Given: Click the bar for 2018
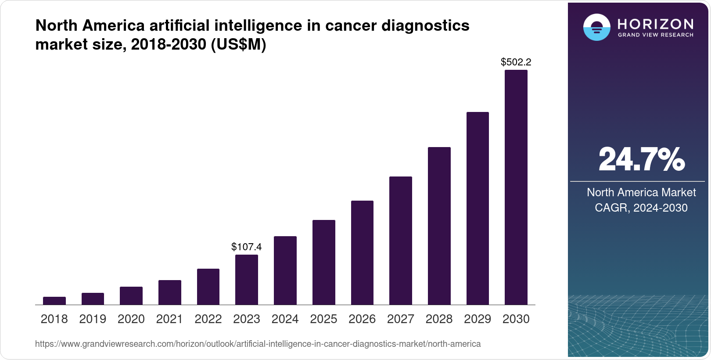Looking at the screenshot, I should coord(54,301).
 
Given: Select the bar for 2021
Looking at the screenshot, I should coord(170,292).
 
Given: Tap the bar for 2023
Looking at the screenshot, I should coord(247,280).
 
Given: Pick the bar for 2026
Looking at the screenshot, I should coord(362,252).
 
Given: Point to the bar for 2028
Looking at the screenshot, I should coord(439,226).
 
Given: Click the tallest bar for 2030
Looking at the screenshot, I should coord(516,187).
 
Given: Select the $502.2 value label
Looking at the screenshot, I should coord(516,62).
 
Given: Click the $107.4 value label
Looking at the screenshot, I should coord(247,247).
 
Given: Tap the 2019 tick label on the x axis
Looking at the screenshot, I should coord(93,319).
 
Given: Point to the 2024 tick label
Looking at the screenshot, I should coord(285,319).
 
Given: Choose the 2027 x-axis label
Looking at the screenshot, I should coord(401,319).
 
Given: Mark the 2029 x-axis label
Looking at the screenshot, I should coord(478,319).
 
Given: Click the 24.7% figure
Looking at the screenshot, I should coord(641,159).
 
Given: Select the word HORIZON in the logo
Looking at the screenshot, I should coord(656,24).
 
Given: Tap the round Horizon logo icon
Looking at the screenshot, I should coord(596,27).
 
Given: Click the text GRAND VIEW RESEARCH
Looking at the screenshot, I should coord(656,35).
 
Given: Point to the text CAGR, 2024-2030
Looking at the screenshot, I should coord(641,208).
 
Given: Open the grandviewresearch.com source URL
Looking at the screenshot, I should coord(258,344).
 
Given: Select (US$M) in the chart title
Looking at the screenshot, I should coord(239,44).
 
